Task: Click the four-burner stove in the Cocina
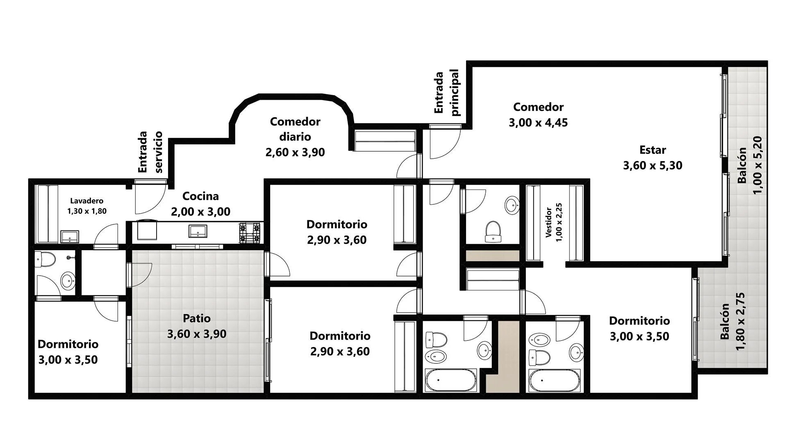pyautogui.click(x=250, y=233)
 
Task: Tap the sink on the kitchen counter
pyautogui.click(x=198, y=231)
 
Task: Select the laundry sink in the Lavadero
pyautogui.click(x=70, y=237)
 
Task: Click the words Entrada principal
pyautogui.click(x=447, y=92)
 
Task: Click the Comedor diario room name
pyautogui.click(x=295, y=129)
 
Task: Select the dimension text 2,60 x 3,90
pyautogui.click(x=295, y=152)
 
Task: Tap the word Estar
pyautogui.click(x=653, y=150)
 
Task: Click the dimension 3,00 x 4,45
pyautogui.click(x=538, y=123)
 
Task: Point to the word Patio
pyautogui.click(x=197, y=318)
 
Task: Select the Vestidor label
pyautogui.click(x=548, y=222)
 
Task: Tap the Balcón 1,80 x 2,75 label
pyautogui.click(x=732, y=322)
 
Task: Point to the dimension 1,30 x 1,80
pyautogui.click(x=87, y=211)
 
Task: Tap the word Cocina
pyautogui.click(x=200, y=196)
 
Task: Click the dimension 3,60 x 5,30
pyautogui.click(x=653, y=166)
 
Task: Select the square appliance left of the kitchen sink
pyautogui.click(x=147, y=230)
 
